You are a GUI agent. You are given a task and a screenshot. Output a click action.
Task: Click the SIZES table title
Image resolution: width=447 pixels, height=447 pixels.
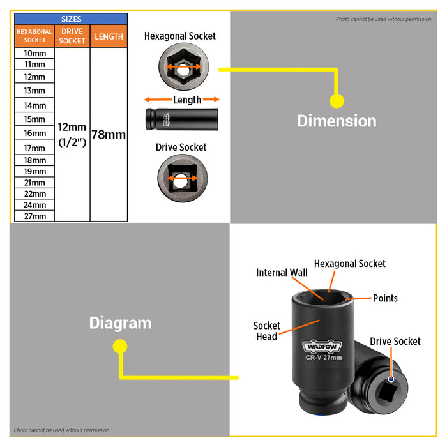[71, 19]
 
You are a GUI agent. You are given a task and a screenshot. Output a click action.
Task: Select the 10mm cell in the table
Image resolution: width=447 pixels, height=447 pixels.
[34, 53]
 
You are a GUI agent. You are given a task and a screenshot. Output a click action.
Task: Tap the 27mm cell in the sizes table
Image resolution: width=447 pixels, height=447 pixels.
[34, 216]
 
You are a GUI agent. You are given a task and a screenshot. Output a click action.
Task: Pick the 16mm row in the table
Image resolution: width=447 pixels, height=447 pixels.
[34, 133]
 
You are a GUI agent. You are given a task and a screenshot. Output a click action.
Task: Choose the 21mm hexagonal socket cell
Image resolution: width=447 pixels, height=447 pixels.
[34, 183]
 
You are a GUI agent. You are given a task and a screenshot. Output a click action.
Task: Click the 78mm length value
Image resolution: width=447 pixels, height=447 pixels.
[109, 135]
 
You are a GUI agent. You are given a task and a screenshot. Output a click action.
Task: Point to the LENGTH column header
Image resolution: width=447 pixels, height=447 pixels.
[109, 36]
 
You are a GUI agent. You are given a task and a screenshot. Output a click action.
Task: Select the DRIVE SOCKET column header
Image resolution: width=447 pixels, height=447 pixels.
[72, 36]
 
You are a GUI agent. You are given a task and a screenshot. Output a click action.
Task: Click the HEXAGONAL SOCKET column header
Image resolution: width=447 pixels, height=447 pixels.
[34, 36]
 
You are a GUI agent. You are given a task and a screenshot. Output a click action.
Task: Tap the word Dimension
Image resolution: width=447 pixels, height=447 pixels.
[337, 121]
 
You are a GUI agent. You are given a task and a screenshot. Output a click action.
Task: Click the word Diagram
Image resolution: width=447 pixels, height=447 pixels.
[120, 323]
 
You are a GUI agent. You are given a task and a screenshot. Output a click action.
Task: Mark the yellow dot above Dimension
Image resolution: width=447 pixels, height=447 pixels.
[337, 101]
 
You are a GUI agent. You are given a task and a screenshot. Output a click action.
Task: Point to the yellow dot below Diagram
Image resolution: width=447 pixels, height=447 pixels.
[120, 346]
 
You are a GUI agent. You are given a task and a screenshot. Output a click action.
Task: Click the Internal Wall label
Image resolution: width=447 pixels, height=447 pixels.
[282, 273]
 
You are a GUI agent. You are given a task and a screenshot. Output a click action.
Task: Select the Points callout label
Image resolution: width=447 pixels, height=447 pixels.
[385, 298]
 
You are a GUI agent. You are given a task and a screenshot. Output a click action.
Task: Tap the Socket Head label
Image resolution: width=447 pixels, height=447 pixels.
[266, 331]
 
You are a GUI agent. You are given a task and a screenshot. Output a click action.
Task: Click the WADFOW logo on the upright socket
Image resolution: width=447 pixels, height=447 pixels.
[322, 346]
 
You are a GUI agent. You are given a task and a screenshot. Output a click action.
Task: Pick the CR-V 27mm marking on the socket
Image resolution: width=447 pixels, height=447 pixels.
[324, 358]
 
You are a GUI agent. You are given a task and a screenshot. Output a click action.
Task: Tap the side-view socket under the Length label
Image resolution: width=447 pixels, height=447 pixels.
[181, 119]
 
